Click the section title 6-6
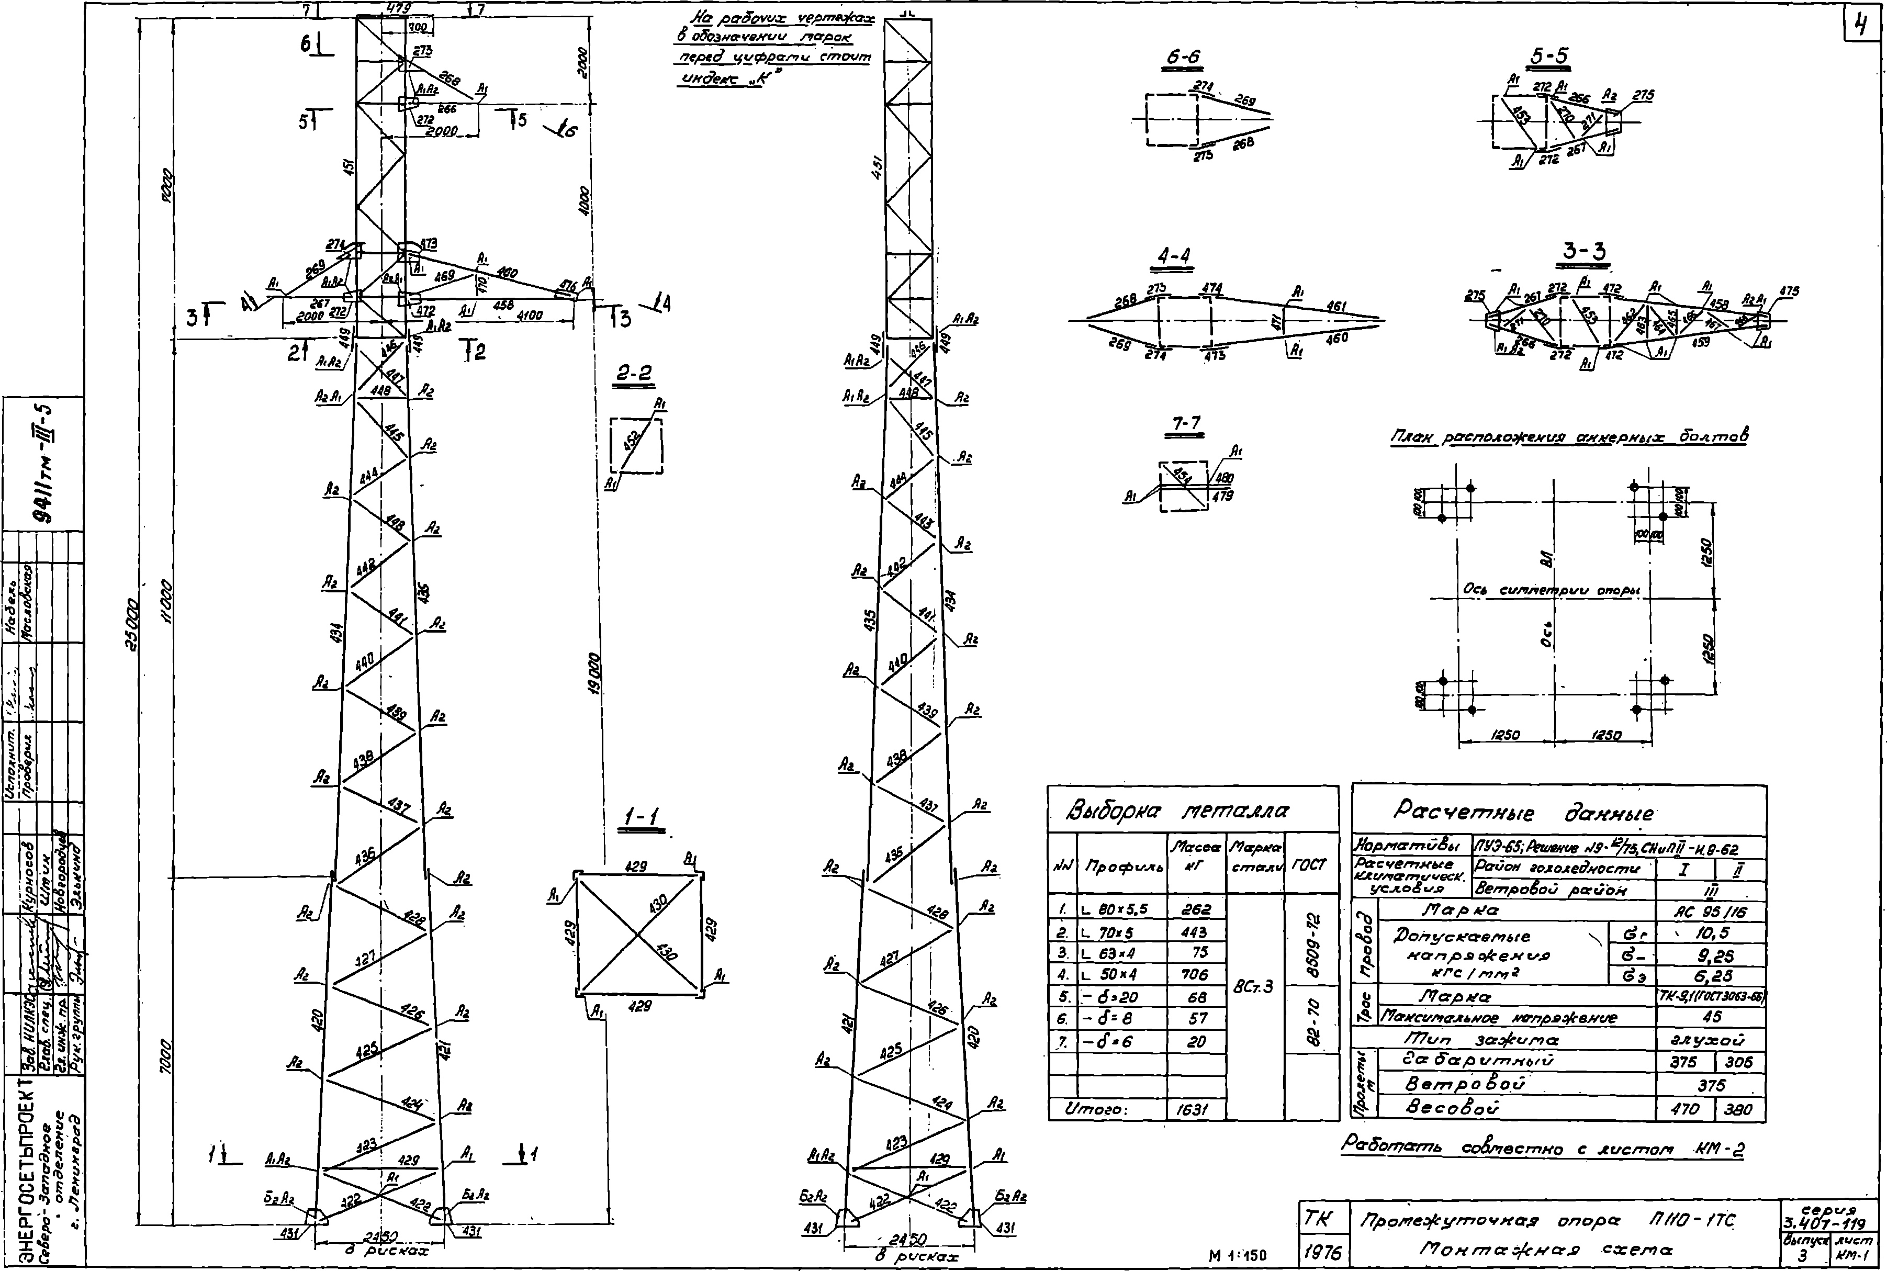tap(1183, 58)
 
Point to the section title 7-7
tap(1186, 424)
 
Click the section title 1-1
tap(642, 819)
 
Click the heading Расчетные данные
tap(1524, 812)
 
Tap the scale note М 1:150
tap(1238, 1256)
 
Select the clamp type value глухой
tap(1711, 1039)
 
